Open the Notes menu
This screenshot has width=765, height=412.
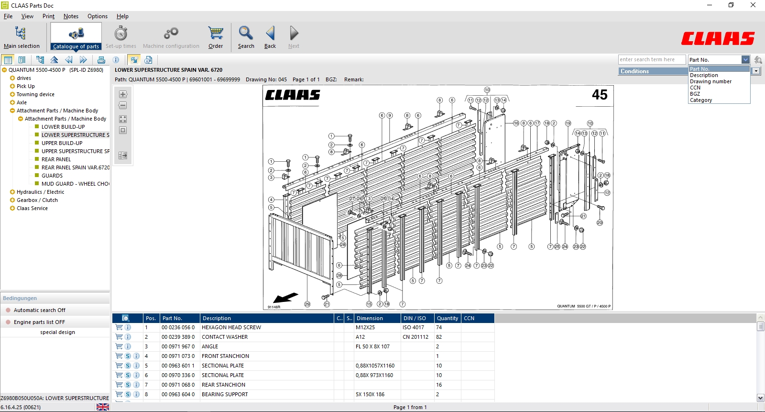(x=71, y=16)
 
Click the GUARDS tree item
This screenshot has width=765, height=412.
(x=52, y=176)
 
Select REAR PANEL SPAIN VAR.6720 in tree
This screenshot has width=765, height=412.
(x=75, y=167)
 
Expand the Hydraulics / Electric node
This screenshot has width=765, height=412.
(x=12, y=192)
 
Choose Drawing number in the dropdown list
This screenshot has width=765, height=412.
(x=710, y=81)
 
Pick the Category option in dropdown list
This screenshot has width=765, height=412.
(x=701, y=100)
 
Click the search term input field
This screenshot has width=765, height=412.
(x=651, y=59)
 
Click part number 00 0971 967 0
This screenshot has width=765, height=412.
(x=178, y=346)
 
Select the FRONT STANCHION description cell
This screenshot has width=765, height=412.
(x=225, y=356)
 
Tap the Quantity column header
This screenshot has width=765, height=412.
(x=447, y=318)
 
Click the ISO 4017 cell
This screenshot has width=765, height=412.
(x=413, y=327)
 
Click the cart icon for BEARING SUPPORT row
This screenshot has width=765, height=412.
(x=119, y=394)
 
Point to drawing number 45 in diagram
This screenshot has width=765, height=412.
(x=599, y=95)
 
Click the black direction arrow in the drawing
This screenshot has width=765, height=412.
(x=285, y=298)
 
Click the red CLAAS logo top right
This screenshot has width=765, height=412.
(x=718, y=38)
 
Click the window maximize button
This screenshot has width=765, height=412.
(x=731, y=5)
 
